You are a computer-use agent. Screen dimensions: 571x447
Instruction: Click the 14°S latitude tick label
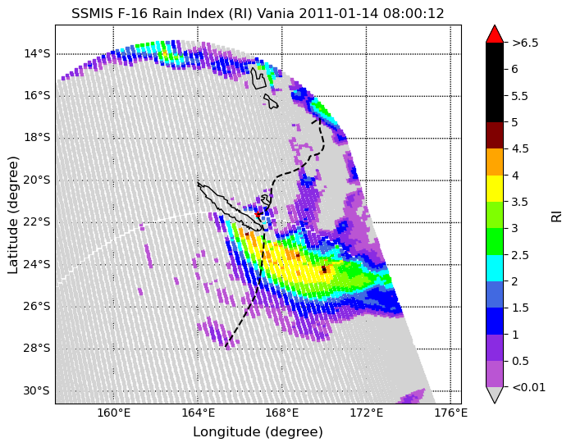pos(37,54)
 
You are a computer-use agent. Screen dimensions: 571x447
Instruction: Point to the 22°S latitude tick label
pos(37,222)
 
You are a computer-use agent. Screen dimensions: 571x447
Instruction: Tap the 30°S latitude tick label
pos(36,391)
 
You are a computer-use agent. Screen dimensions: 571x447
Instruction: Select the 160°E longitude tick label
pos(113,413)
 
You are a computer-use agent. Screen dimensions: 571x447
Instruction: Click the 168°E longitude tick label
pos(282,413)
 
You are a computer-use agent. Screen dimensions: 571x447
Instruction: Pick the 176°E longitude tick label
pos(451,413)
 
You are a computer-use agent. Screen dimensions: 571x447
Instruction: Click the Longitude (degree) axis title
pos(258,432)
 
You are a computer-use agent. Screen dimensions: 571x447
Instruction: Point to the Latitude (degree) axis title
pos(13,216)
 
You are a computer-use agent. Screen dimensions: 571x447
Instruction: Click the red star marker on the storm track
pos(258,214)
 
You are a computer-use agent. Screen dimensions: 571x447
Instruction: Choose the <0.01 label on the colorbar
pos(529,387)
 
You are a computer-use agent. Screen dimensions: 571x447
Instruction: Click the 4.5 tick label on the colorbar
pos(520,148)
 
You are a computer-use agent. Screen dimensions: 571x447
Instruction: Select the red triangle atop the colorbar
pos(495,34)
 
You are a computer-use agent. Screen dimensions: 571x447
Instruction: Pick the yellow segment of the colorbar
pos(495,189)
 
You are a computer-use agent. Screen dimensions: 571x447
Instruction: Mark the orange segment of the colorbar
pos(495,162)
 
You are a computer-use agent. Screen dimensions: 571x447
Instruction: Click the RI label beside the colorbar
pos(557,215)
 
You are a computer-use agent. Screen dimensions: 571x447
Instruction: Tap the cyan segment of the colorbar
pos(495,268)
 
